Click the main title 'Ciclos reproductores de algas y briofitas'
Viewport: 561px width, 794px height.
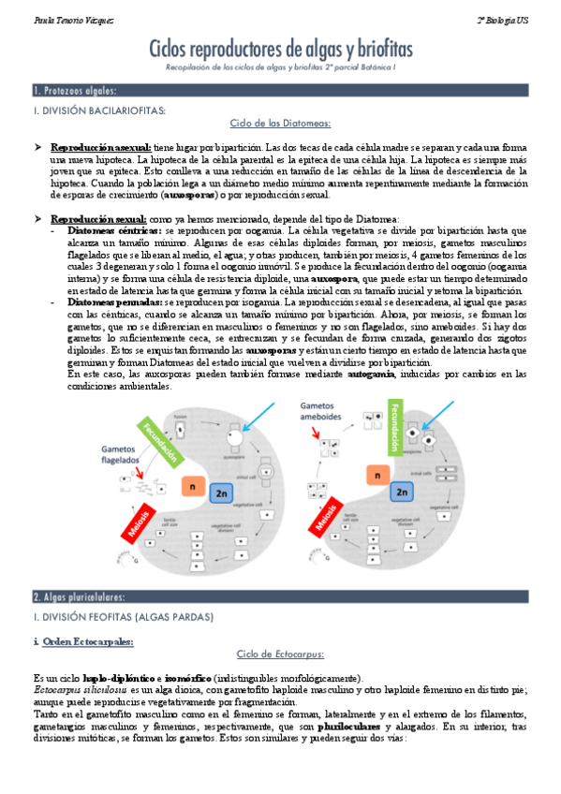pyautogui.click(x=280, y=50)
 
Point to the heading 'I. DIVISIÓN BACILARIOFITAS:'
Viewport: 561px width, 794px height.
pyautogui.click(x=99, y=110)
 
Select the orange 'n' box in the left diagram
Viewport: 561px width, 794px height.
pyautogui.click(x=192, y=488)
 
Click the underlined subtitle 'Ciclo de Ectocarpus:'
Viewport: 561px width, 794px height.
pyautogui.click(x=280, y=655)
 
